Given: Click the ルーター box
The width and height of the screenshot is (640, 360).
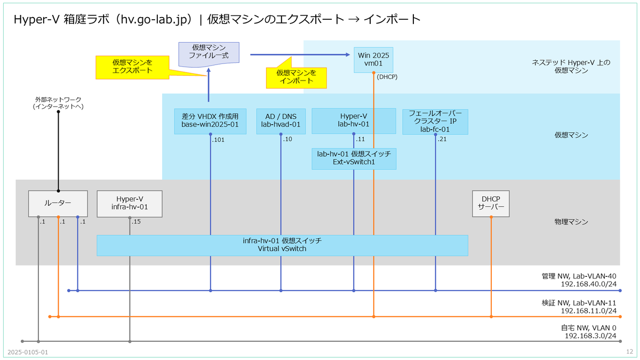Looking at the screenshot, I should coord(58,204).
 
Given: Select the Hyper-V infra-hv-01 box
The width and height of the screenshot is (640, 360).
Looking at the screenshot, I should coord(129,204).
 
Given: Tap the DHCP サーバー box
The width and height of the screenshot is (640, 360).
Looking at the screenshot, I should coord(491,204).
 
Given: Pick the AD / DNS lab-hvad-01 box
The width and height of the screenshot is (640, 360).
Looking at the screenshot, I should coord(281,121).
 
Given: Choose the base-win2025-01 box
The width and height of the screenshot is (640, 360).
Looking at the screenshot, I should coord(210,121).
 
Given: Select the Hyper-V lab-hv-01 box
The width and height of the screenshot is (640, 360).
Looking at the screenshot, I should coord(354,121).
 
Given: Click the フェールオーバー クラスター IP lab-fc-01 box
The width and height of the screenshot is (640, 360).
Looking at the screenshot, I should coord(435,121).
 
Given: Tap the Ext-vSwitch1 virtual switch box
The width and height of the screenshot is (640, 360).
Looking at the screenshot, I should coord(354,158).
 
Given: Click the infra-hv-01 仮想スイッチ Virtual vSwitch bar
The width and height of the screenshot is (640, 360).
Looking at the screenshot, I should coord(282,245).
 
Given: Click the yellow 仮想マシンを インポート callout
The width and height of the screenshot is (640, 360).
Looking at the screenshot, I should coord(296,77).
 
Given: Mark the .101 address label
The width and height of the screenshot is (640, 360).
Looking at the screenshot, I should coord(219,140).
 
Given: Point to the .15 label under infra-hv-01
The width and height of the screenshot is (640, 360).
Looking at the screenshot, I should coord(137,222).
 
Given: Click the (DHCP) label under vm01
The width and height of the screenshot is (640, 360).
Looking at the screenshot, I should coord(387,77).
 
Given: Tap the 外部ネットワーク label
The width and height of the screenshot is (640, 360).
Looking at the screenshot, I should coord(58,103).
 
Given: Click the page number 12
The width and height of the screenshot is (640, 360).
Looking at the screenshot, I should coord(629,352).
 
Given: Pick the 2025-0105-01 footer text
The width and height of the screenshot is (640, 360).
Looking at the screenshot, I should coord(28,352).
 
